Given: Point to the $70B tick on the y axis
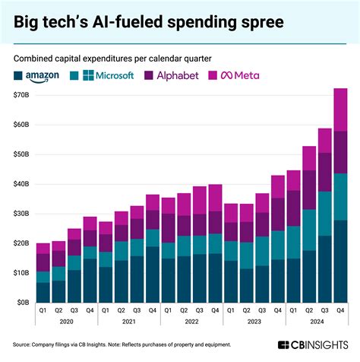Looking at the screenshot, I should (x=22, y=95).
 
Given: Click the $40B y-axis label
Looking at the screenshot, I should (x=22, y=183).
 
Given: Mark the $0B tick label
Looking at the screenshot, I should (x=24, y=302).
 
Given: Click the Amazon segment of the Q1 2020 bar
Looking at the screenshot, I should (x=43, y=292).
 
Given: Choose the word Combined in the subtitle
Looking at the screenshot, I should (x=36, y=56).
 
